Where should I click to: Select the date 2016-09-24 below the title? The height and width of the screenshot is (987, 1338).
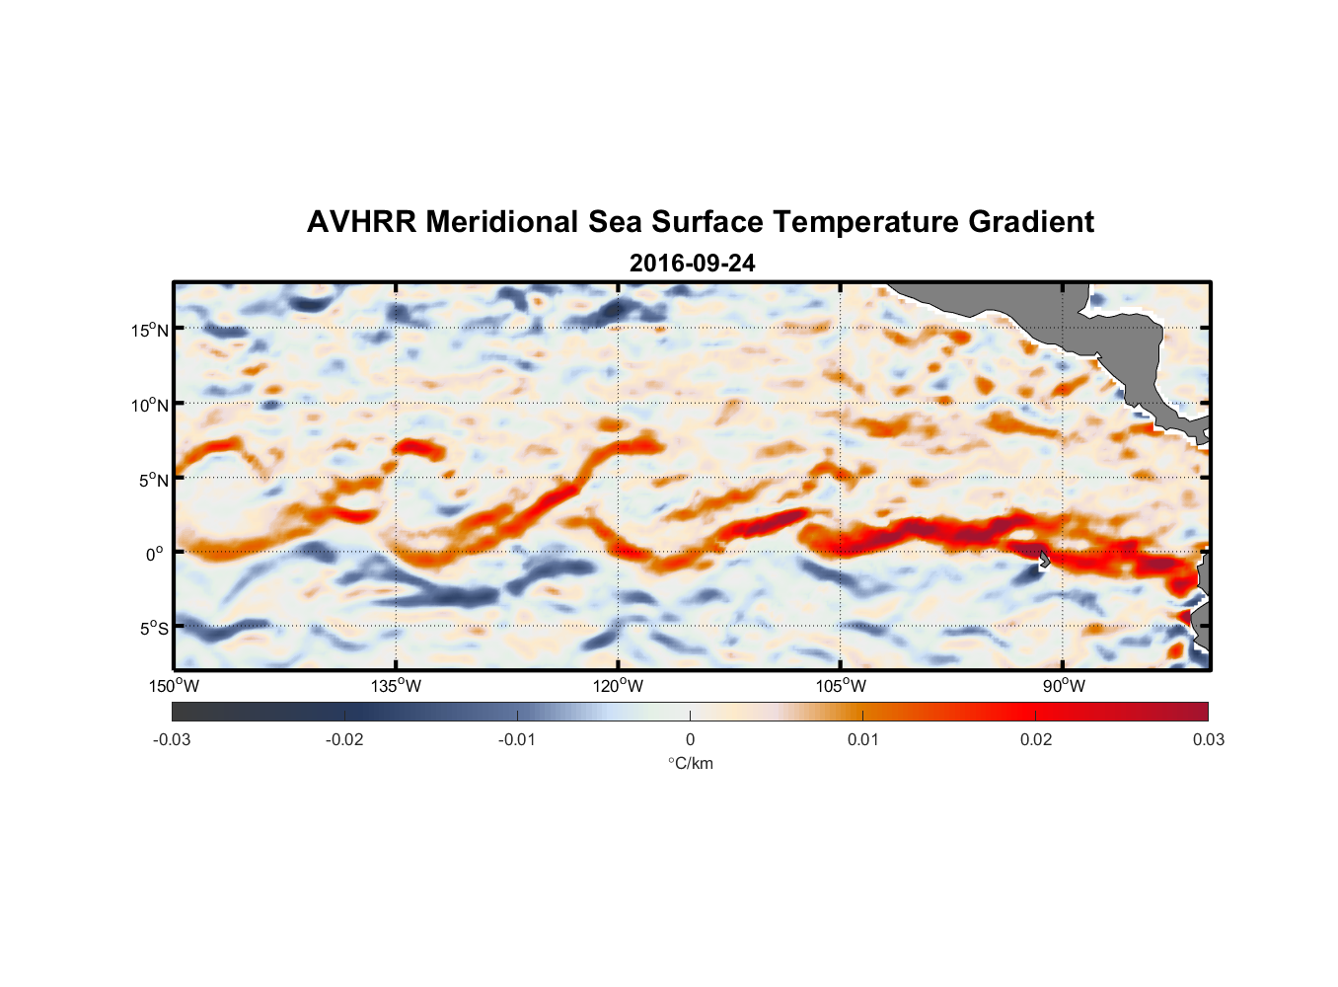(x=692, y=264)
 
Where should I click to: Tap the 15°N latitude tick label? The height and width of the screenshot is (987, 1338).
(x=149, y=330)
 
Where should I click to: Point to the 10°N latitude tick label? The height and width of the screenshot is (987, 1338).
(x=149, y=405)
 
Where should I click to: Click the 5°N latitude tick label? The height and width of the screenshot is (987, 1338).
(x=153, y=480)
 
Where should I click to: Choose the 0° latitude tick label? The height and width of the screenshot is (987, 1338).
(x=155, y=554)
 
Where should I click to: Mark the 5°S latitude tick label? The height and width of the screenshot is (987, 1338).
(x=153, y=629)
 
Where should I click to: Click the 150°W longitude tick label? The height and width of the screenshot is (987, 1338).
(x=174, y=686)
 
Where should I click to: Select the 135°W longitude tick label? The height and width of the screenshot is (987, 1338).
(x=396, y=686)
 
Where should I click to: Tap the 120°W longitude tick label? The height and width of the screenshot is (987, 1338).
(x=618, y=686)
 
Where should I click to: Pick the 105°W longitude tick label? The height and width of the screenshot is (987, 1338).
(x=841, y=686)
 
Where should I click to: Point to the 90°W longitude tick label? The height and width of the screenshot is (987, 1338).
(x=1063, y=686)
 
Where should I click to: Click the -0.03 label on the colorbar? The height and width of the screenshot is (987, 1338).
(x=172, y=740)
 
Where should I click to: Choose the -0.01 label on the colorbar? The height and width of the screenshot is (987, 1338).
(x=517, y=740)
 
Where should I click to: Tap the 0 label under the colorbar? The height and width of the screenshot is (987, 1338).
(x=690, y=740)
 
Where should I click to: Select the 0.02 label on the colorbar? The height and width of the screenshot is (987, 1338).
(x=1036, y=740)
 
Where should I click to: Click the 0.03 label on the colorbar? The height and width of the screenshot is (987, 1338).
(x=1208, y=740)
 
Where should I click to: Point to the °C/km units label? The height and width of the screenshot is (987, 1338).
(x=690, y=763)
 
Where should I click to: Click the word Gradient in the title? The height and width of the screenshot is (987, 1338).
(x=1031, y=222)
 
